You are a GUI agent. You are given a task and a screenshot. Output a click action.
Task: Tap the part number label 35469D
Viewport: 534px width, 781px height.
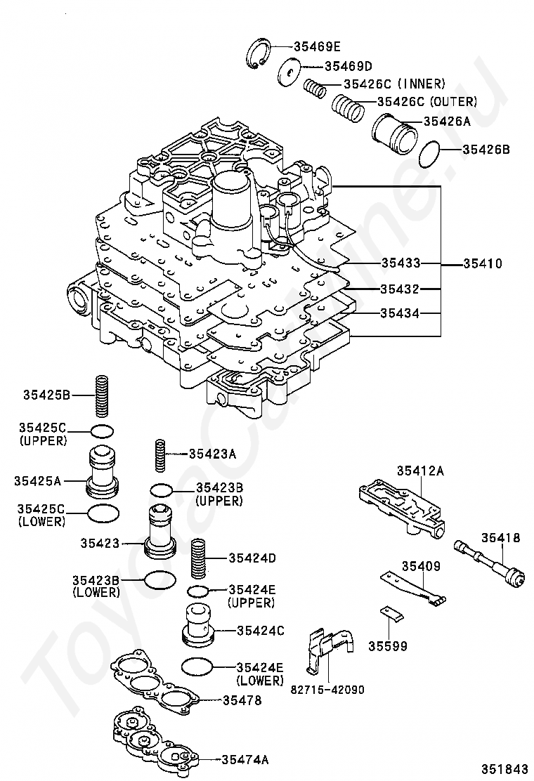click(x=347, y=67)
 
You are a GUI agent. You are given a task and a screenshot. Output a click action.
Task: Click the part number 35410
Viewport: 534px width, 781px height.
click(x=482, y=264)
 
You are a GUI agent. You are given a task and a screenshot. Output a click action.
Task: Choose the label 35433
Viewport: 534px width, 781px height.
click(x=400, y=263)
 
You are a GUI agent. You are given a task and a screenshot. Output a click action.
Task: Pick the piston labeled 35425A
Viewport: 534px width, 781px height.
click(x=102, y=469)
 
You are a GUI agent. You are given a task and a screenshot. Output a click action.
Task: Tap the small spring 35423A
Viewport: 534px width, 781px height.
click(x=160, y=456)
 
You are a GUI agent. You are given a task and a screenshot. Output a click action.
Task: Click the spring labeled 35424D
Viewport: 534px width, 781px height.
click(x=199, y=558)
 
